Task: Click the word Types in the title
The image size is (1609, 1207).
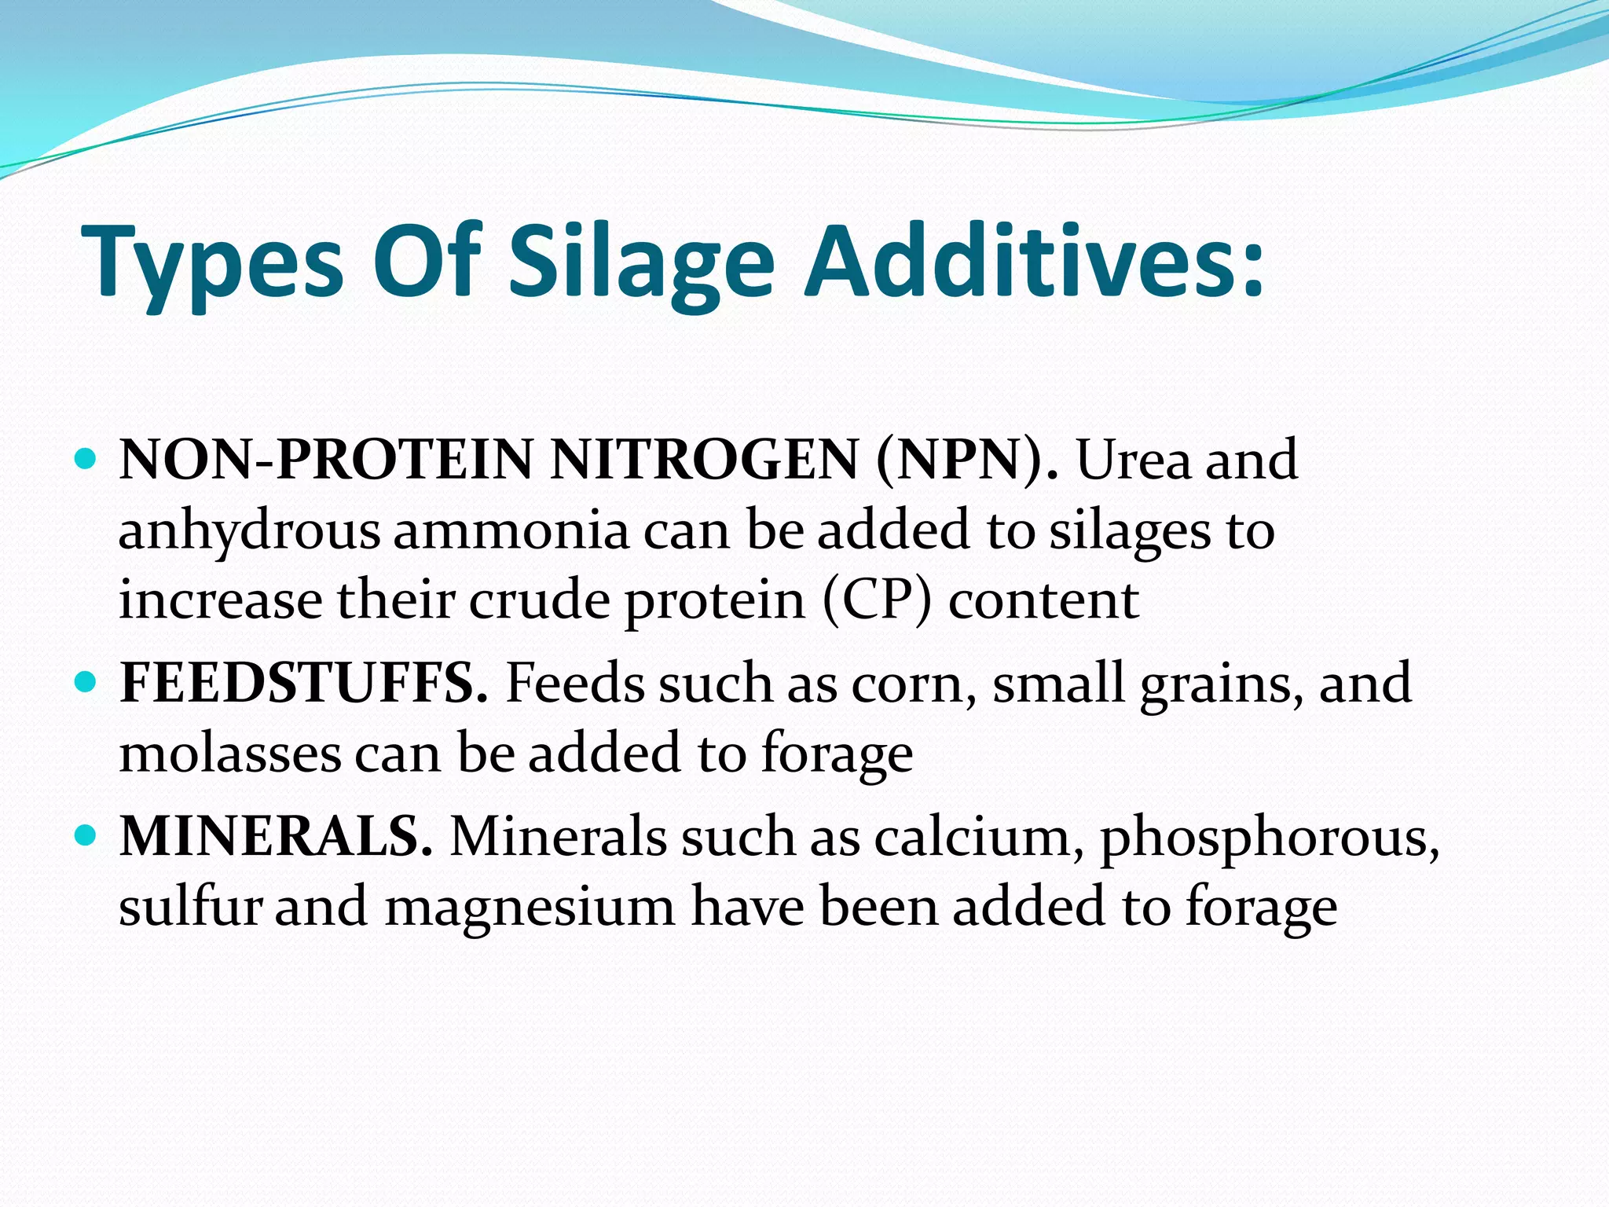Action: pos(212,263)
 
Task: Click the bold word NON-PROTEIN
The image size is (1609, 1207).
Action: pos(327,460)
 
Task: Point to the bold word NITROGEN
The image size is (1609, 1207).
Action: pos(704,460)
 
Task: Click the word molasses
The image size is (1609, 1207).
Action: pos(229,754)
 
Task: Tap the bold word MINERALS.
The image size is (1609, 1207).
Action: pos(276,836)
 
